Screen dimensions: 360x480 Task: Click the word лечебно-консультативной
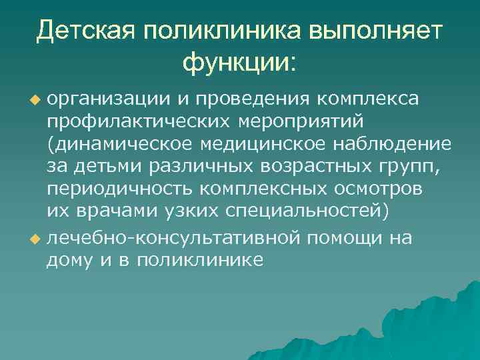pyautogui.click(x=173, y=238)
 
